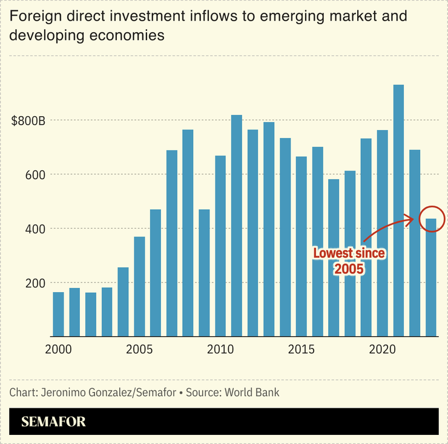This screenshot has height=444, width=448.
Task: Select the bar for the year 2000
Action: pyautogui.click(x=59, y=314)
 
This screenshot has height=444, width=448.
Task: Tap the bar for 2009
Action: pyautogui.click(x=204, y=273)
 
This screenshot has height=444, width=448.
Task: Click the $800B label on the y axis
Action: pyautogui.click(x=28, y=120)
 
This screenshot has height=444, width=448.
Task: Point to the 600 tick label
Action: pyautogui.click(x=36, y=175)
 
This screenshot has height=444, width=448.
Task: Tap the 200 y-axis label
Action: pyautogui.click(x=36, y=283)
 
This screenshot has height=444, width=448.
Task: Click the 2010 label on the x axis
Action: pyautogui.click(x=220, y=350)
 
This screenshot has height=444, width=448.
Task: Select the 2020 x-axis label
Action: pyautogui.click(x=382, y=350)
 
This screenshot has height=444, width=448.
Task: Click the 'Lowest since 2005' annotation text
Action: pyautogui.click(x=349, y=261)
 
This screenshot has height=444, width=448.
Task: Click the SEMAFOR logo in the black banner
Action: pyautogui.click(x=53, y=422)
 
